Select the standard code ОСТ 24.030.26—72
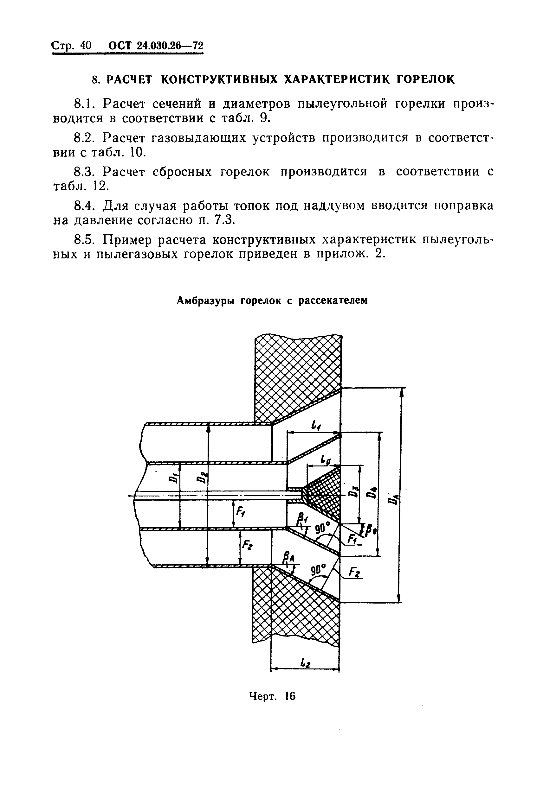[x=156, y=46]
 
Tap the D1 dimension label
[x=174, y=478]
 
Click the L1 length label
[x=316, y=426]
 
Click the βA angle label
[x=287, y=557]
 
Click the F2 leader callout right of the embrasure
[x=354, y=573]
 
